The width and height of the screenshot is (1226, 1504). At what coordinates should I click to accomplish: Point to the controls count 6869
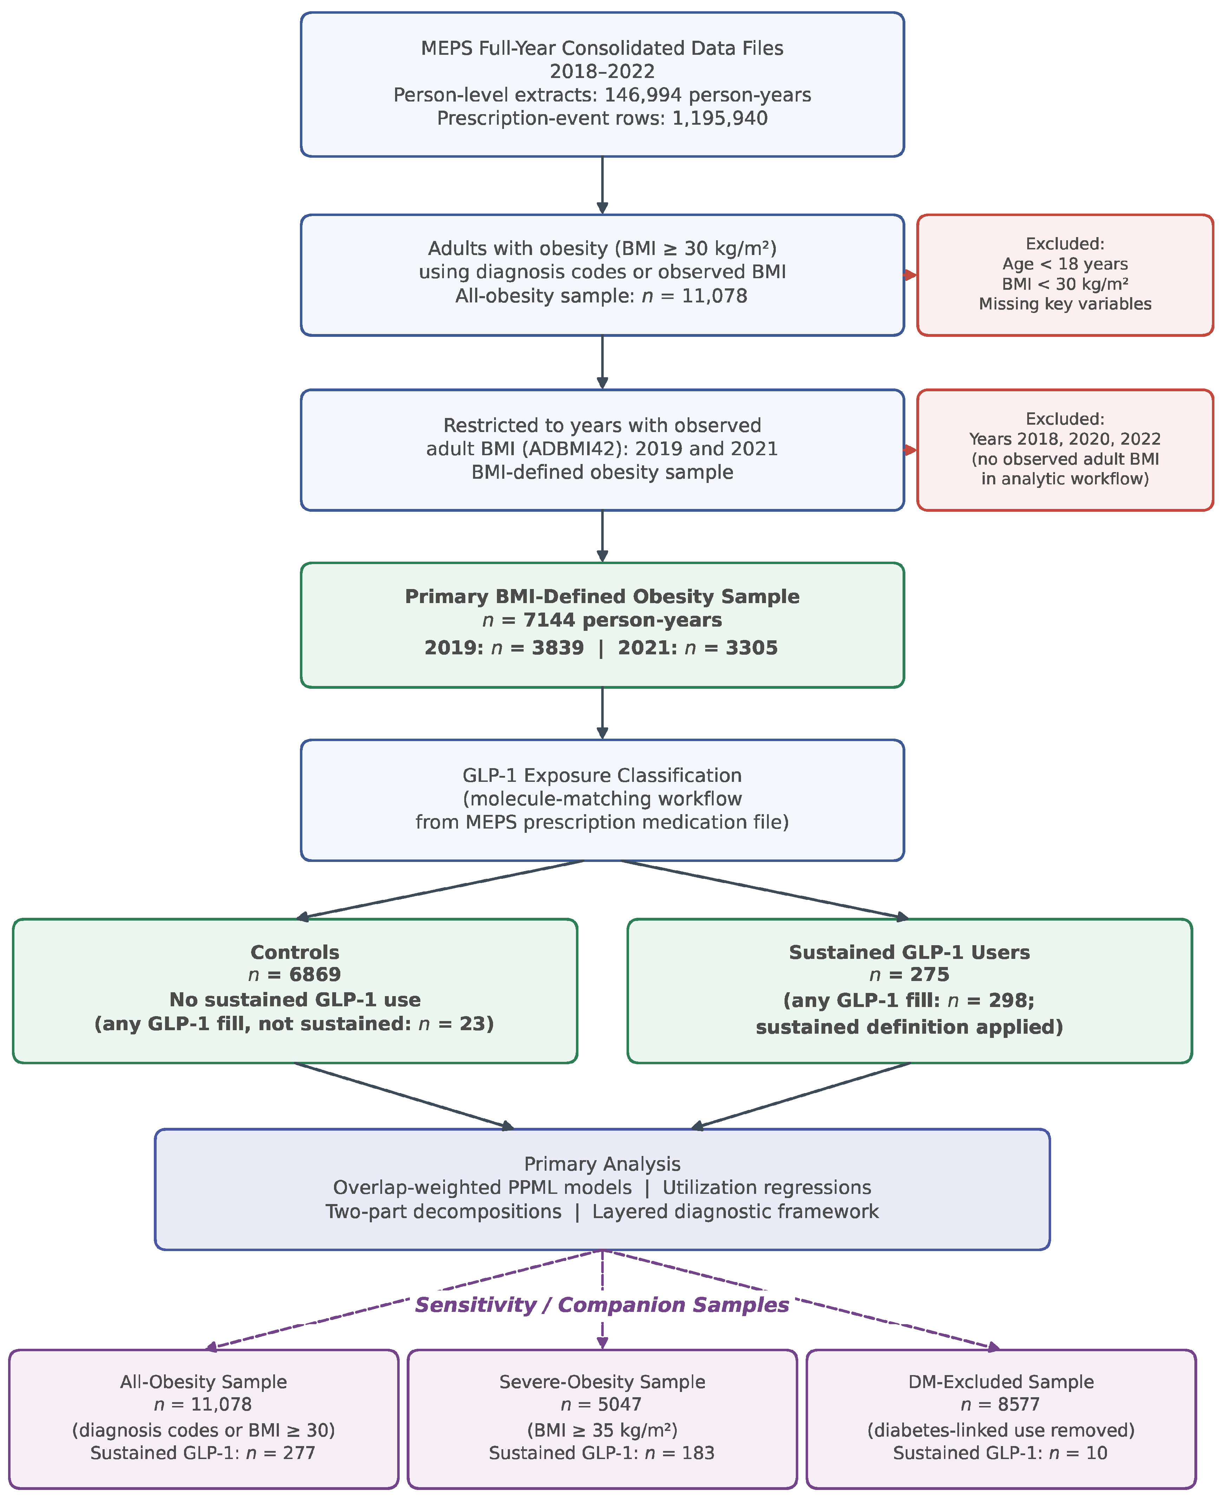(315, 975)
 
